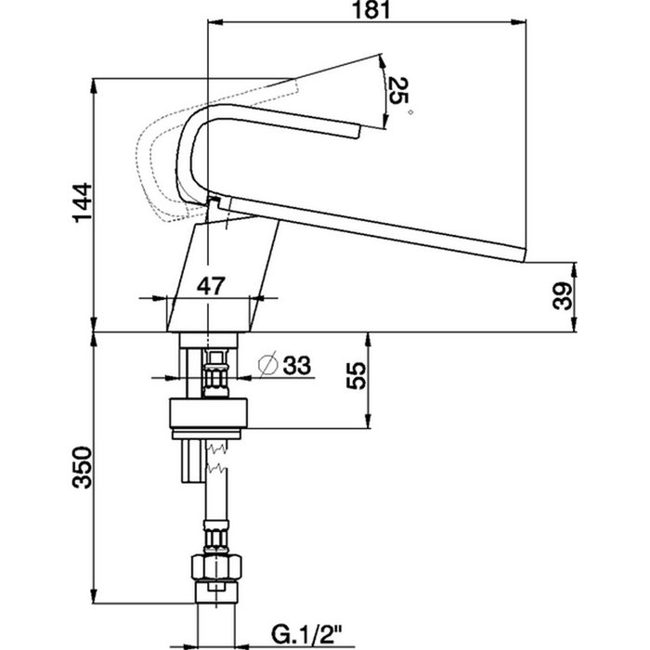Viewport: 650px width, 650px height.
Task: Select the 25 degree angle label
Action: (x=398, y=92)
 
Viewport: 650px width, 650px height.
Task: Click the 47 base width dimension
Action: (x=211, y=286)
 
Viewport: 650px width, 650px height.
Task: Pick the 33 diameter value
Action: (x=294, y=365)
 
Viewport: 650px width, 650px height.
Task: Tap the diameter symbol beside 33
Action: (x=265, y=365)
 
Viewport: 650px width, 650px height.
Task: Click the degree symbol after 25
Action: (x=409, y=112)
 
